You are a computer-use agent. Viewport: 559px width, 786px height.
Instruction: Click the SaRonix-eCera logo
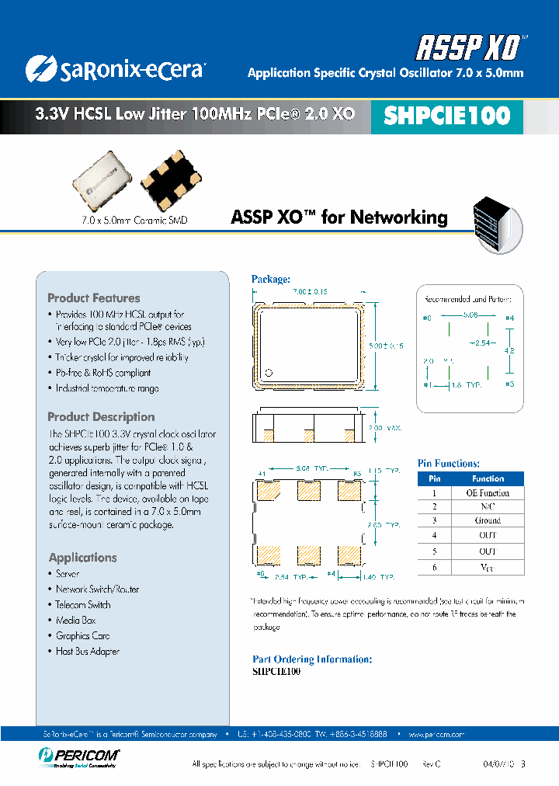tap(114, 69)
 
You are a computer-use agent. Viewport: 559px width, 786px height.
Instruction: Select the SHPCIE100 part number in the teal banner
tap(447, 116)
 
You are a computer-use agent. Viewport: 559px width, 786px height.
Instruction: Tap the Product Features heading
tap(94, 297)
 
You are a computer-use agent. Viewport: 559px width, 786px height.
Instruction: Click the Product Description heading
tap(101, 416)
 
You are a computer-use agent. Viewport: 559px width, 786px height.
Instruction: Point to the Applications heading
tap(82, 557)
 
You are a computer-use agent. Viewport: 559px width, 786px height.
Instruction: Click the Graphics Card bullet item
tap(83, 635)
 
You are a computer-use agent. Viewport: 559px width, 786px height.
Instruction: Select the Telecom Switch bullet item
tap(83, 604)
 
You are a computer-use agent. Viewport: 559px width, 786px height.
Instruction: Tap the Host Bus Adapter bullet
tap(88, 651)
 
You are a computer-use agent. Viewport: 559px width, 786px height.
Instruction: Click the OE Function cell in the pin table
tap(488, 492)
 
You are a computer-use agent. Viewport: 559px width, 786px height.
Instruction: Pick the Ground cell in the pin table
tap(488, 520)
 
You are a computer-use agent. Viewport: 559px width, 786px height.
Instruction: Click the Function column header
tap(488, 478)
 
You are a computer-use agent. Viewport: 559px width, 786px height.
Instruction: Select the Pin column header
tap(435, 478)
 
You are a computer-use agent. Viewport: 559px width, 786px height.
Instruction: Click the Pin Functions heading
tap(449, 463)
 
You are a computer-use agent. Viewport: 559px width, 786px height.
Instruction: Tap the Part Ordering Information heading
tap(312, 659)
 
